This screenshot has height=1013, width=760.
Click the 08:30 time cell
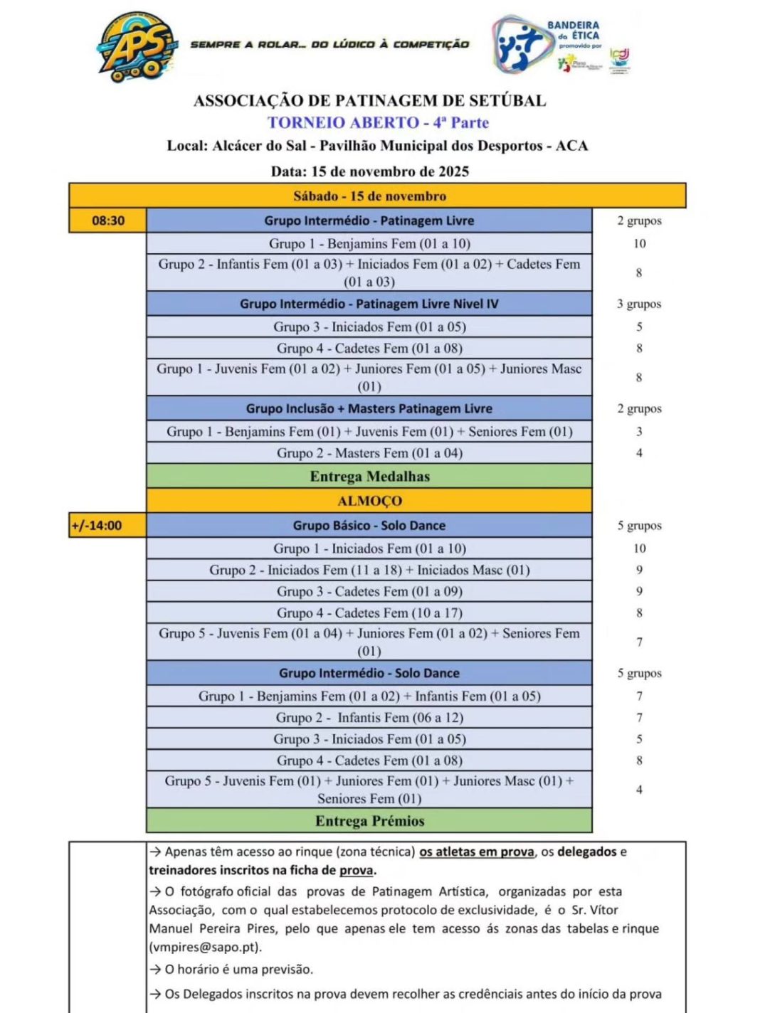click(x=108, y=221)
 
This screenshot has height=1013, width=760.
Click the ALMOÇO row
click(x=369, y=501)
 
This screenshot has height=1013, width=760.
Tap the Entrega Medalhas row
click(x=369, y=476)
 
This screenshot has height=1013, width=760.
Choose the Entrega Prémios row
click(x=369, y=821)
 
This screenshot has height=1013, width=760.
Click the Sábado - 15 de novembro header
click(x=369, y=196)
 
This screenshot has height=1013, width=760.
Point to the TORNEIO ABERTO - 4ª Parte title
click(x=378, y=122)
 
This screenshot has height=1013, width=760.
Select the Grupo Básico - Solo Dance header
click(x=369, y=526)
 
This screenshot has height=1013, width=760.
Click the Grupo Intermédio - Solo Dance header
click(x=369, y=673)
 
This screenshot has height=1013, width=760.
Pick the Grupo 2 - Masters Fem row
click(x=369, y=453)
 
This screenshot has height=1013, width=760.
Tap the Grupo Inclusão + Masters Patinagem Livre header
click(x=369, y=408)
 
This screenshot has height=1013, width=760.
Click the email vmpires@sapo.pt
click(x=205, y=947)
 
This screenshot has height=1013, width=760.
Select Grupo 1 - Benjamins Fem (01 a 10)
click(x=369, y=243)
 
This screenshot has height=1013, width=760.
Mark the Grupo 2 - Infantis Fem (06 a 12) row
click(x=369, y=718)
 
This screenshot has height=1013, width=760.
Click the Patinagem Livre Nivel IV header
click(x=369, y=304)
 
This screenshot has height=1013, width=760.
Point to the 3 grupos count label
click(x=639, y=304)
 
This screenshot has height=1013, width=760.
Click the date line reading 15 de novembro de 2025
click(x=369, y=171)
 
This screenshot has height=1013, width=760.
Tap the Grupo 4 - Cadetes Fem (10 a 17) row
click(x=369, y=612)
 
